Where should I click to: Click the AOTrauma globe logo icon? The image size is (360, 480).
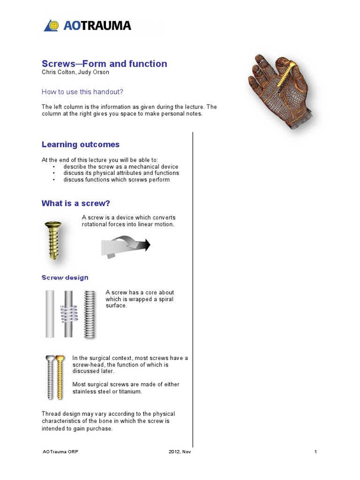tap(51, 25)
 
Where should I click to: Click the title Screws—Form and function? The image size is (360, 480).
tap(104, 64)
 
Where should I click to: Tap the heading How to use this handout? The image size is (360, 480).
tap(82, 92)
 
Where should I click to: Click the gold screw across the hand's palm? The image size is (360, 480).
tap(286, 75)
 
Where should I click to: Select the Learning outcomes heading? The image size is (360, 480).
tap(80, 145)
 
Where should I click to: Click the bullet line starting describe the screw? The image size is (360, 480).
tap(121, 167)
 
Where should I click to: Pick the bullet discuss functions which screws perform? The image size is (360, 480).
tap(117, 180)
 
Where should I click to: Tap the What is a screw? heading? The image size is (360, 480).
tap(75, 203)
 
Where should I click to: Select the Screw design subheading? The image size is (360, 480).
tap(65, 277)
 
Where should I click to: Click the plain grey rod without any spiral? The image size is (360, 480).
tap(50, 314)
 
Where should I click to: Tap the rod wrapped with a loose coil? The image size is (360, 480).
tap(69, 314)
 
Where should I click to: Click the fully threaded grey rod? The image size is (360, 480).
tap(89, 314)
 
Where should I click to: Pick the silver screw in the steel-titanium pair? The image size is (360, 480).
tap(50, 377)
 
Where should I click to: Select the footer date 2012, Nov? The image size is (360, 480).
tap(180, 452)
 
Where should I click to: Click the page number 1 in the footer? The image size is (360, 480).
tap(316, 452)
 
